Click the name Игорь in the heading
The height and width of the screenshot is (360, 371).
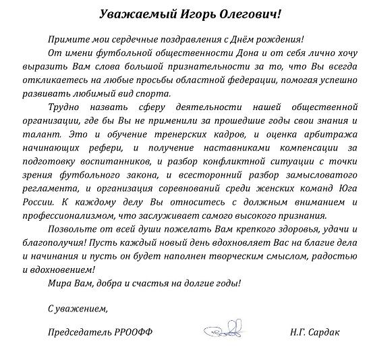coord(178,14)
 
